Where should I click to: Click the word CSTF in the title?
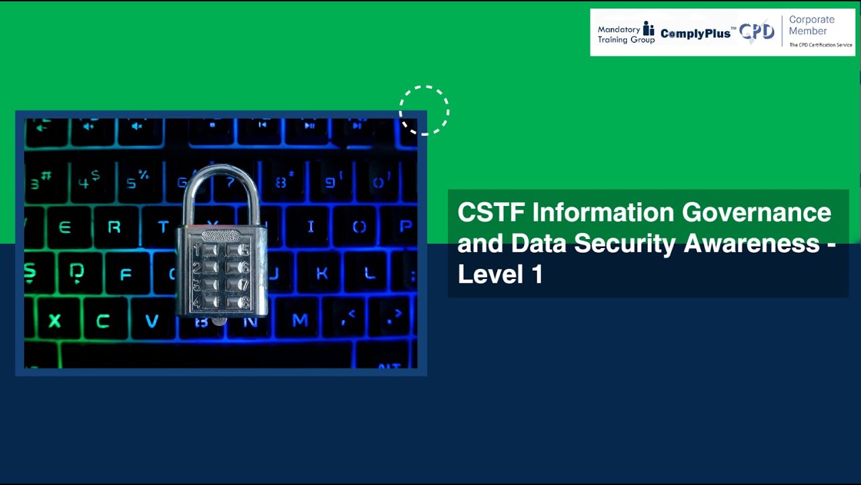pyautogui.click(x=491, y=213)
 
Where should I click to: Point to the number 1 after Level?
pyautogui.click(x=536, y=274)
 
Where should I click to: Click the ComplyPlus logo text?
pyautogui.click(x=696, y=33)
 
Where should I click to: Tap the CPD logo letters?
pyautogui.click(x=757, y=32)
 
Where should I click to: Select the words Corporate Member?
pyautogui.click(x=811, y=26)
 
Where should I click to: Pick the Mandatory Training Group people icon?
pyautogui.click(x=648, y=30)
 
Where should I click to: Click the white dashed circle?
pyautogui.click(x=424, y=110)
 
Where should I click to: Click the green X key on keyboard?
pyautogui.click(x=54, y=321)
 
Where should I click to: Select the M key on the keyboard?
pyautogui.click(x=299, y=319)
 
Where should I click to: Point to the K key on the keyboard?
pyautogui.click(x=322, y=273)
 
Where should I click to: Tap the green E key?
pyautogui.click(x=65, y=227)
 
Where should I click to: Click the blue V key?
pyautogui.click(x=152, y=321)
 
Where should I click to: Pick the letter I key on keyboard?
pyautogui.click(x=310, y=226)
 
